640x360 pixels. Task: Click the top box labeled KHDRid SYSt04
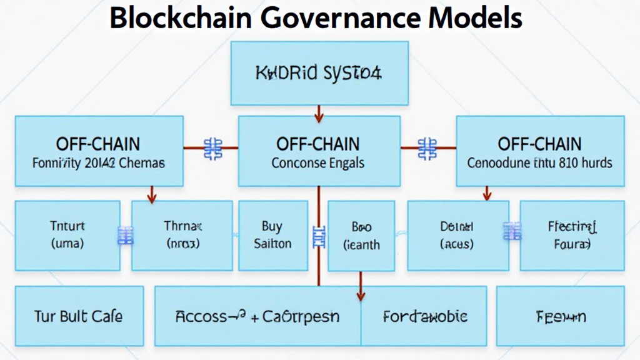[x=319, y=73]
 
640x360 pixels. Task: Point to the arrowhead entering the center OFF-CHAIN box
[x=319, y=117]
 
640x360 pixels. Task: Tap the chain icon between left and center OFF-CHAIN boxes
[x=213, y=149]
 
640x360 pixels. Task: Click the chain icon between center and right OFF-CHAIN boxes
[x=428, y=149]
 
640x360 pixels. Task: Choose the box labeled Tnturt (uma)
[x=66, y=235]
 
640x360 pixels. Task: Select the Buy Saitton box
[x=272, y=235]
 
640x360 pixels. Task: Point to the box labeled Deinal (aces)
[x=456, y=235]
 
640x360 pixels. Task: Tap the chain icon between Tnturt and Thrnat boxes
[x=126, y=235]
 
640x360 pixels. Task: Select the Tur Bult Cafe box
[x=79, y=316]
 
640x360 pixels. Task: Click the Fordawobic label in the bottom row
[x=424, y=316]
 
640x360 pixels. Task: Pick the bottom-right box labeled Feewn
[x=561, y=316]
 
